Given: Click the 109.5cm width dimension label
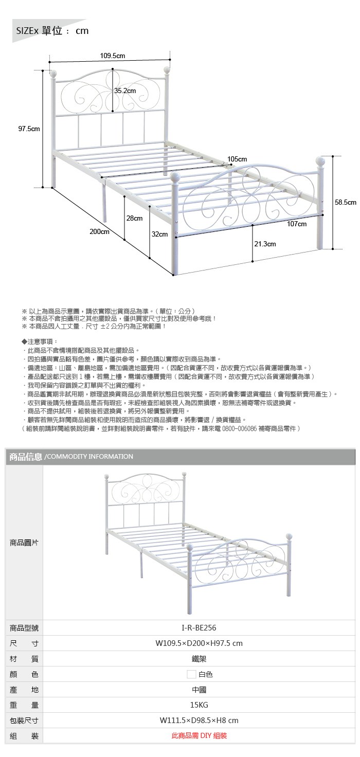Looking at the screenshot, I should pyautogui.click(x=113, y=56).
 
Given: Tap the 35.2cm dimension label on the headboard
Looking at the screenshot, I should pyautogui.click(x=125, y=91).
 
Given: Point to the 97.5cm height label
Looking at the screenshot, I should pyautogui.click(x=29, y=129).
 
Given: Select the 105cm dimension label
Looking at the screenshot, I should pyautogui.click(x=237, y=159).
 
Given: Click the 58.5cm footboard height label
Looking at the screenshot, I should pyautogui.click(x=346, y=203).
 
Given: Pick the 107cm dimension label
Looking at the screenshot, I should pyautogui.click(x=297, y=224).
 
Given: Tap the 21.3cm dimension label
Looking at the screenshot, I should pyautogui.click(x=265, y=244).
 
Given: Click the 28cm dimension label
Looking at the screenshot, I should pyautogui.click(x=134, y=219).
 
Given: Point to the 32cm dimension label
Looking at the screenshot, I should pyautogui.click(x=159, y=235).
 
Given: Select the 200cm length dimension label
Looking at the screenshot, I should pyautogui.click(x=99, y=232).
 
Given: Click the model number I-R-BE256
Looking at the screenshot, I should pyautogui.click(x=199, y=628).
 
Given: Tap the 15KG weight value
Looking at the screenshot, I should pyautogui.click(x=199, y=705).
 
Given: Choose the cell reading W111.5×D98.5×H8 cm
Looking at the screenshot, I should pyautogui.click(x=199, y=720).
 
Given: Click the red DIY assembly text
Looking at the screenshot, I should pyautogui.click(x=199, y=736).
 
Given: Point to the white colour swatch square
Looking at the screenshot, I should pyautogui.click(x=191, y=674).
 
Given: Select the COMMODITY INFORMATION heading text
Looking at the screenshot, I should pyautogui.click(x=89, y=457).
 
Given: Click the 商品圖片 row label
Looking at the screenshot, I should pyautogui.click(x=24, y=543).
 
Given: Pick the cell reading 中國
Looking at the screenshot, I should pyautogui.click(x=199, y=690).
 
